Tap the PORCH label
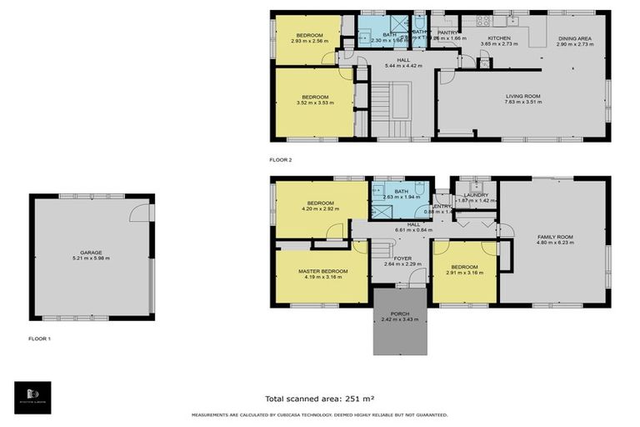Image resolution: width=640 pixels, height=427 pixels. [400, 314]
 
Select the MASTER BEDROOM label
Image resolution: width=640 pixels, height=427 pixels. [322, 271]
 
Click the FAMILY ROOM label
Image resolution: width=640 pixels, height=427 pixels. [554, 237]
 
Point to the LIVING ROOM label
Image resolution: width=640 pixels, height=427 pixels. [522, 96]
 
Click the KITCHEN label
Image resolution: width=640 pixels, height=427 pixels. [499, 38]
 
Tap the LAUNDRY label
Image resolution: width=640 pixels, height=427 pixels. [476, 195]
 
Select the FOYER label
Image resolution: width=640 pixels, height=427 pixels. [403, 259]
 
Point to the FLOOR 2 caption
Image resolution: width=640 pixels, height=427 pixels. [281, 159]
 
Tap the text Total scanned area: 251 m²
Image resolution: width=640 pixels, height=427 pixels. [319, 399]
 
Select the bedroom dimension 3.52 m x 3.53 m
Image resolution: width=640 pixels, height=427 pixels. [315, 103]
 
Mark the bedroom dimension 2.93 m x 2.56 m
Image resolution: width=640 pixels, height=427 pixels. [308, 41]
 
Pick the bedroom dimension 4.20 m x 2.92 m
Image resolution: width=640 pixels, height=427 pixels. [320, 209]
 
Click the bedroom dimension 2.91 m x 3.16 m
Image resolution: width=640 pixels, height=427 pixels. [465, 273]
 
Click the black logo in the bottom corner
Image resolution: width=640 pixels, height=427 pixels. [32, 397]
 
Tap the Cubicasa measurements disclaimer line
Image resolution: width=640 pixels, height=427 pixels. [319, 414]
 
